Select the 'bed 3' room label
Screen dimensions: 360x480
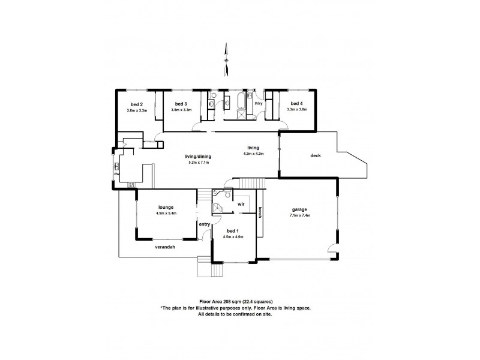[181, 104]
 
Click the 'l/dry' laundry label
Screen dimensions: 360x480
[259, 104]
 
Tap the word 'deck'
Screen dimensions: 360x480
[316, 155]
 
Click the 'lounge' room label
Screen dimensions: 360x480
[166, 207]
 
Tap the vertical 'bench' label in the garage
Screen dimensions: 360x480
[259, 213]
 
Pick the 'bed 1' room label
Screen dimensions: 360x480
[233, 230]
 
